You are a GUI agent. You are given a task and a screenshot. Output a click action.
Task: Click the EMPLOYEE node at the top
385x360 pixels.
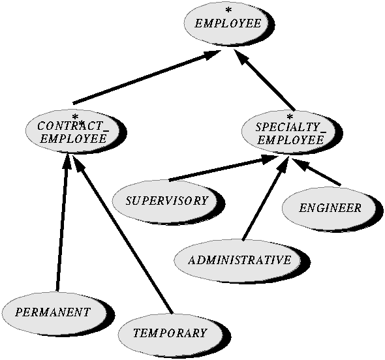tap(228, 23)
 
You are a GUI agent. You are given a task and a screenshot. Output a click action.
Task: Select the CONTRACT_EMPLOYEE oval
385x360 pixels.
tap(73, 131)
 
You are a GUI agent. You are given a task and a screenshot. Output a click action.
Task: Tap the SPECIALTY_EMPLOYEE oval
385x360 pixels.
tap(289, 132)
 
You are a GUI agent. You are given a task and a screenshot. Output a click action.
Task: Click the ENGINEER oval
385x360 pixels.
tap(330, 208)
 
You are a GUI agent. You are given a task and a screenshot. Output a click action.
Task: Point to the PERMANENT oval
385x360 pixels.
tap(54, 312)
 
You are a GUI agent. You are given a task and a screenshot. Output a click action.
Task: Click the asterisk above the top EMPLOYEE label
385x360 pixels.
tap(228, 10)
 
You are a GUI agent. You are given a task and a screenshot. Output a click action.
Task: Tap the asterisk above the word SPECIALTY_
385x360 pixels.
tap(290, 117)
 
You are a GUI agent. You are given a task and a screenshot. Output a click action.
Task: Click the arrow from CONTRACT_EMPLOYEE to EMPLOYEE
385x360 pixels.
tap(147, 77)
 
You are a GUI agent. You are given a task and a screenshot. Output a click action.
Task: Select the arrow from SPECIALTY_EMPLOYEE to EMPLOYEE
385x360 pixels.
tap(264, 80)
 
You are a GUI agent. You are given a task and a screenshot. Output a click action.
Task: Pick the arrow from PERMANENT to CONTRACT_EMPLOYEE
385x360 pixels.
tap(63, 222)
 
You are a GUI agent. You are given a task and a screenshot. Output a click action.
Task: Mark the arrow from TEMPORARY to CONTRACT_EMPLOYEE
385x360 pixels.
tap(122, 234)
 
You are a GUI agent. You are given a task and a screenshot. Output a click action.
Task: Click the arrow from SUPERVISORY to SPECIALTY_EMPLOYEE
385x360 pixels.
tap(223, 168)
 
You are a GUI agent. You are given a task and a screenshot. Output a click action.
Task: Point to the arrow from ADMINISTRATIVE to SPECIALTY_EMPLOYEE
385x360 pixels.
tap(265, 199)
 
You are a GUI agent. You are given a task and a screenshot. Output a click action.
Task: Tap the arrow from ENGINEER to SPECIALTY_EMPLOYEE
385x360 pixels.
tap(316, 172)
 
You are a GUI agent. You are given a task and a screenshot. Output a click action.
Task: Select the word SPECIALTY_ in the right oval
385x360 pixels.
tap(291, 128)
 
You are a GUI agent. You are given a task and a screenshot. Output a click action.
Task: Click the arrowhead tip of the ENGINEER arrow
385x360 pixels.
tap(292, 159)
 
